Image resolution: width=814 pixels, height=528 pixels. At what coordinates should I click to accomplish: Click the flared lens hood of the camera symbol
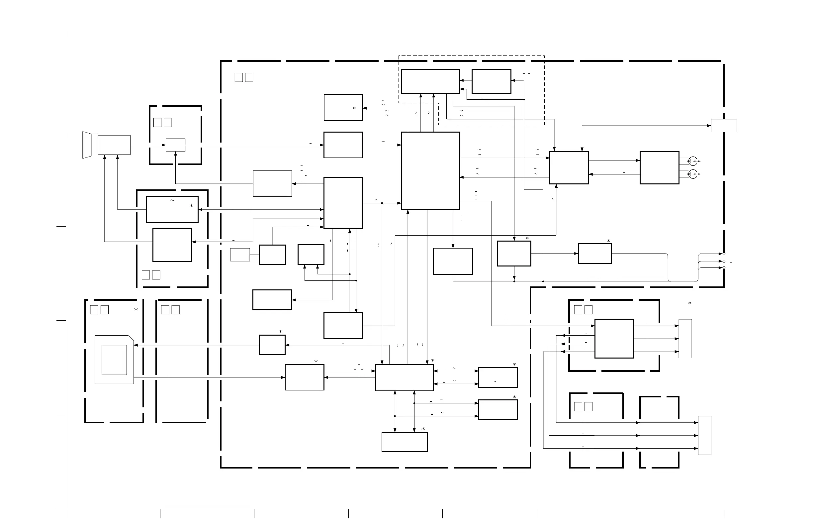pos(88,145)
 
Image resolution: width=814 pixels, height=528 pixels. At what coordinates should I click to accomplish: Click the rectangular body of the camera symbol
pos(114,145)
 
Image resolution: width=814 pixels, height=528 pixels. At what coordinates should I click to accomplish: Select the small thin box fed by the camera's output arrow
pos(175,145)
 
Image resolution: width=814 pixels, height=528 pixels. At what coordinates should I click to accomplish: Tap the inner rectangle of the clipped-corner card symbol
pos(114,360)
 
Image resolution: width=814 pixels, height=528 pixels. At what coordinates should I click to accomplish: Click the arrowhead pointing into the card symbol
pos(136,345)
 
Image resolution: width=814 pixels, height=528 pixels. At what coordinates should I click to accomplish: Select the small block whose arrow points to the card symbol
pos(272,345)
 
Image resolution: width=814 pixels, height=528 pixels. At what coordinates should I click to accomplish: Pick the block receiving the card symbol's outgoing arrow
pos(305,377)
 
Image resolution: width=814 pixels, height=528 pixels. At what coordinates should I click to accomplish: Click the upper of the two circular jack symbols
pos(692,161)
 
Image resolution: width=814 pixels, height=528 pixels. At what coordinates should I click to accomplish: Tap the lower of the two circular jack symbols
pos(692,174)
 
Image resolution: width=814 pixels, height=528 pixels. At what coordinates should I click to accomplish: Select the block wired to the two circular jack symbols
pos(660,168)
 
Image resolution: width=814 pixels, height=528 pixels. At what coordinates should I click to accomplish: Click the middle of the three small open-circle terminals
pos(724,261)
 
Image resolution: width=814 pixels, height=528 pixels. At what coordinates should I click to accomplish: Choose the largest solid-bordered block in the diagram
pos(430,171)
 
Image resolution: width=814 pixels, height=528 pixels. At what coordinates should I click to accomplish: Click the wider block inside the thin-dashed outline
pos(430,81)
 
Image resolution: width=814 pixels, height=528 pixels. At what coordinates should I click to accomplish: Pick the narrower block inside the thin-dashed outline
pos(492,81)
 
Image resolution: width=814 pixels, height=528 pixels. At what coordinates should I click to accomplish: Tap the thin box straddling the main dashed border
pos(724,126)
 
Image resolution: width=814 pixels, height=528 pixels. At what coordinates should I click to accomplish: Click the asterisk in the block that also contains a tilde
pos(192,206)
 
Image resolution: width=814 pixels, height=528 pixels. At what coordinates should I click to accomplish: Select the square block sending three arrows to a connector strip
pos(614,338)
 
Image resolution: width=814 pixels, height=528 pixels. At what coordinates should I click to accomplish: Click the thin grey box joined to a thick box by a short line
pos(240,255)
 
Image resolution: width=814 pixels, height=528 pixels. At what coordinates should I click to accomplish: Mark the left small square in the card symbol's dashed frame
pos(94,310)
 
